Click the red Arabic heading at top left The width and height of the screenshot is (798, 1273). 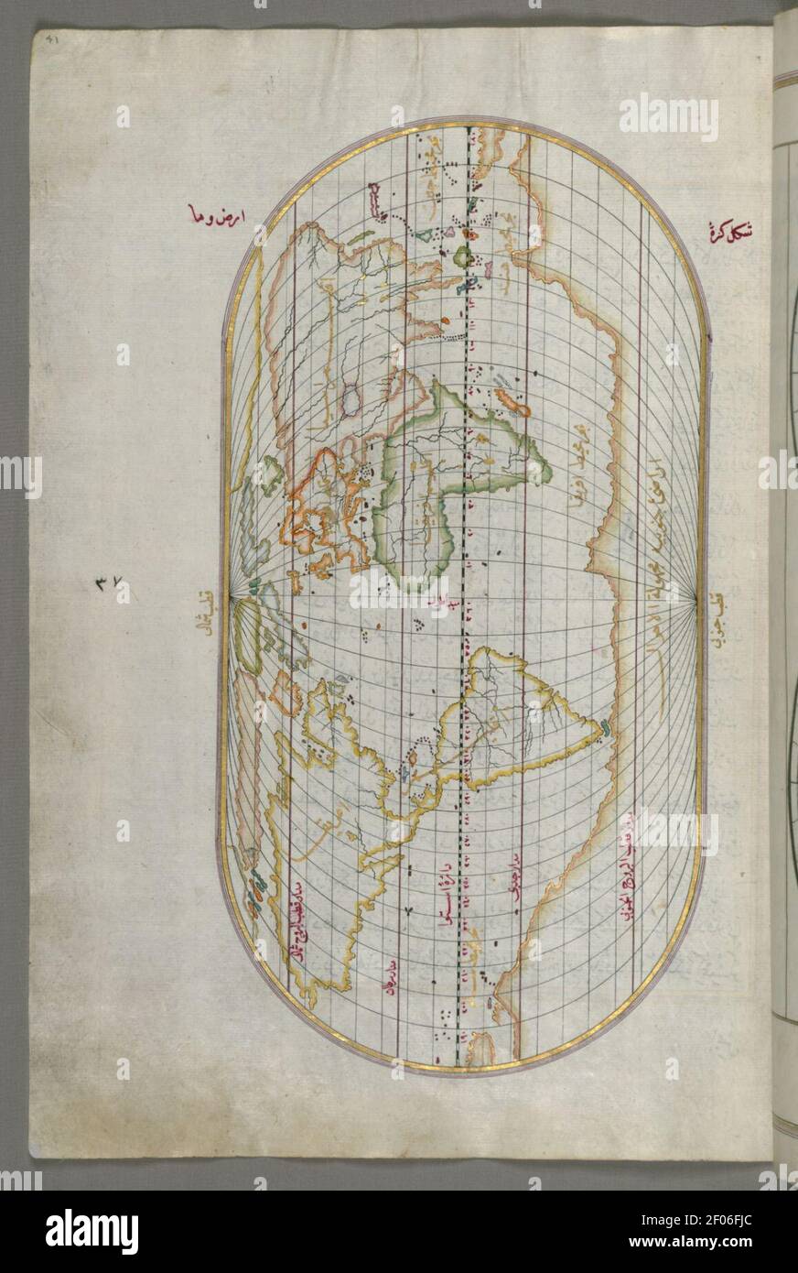(x=213, y=216)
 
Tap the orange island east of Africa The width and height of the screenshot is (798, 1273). (x=509, y=401)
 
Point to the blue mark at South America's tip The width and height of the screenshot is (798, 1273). (x=606, y=730)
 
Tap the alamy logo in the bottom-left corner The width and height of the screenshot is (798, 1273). (x=92, y=1231)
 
